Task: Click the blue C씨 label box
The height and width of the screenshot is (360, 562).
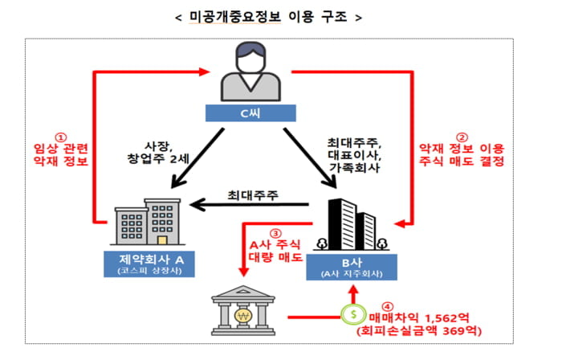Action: tap(250, 113)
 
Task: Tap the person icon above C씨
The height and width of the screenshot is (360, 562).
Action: tap(250, 72)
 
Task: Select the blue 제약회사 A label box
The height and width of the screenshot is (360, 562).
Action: tap(149, 264)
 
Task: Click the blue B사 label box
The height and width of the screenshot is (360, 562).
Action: tap(352, 267)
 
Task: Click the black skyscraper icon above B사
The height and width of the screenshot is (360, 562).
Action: tap(352, 224)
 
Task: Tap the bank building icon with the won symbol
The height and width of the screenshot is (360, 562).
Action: tap(243, 310)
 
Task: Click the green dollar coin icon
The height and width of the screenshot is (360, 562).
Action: tap(353, 314)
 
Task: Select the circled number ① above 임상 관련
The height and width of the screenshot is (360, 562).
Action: tap(61, 137)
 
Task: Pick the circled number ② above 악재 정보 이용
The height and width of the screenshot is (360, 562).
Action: tap(462, 137)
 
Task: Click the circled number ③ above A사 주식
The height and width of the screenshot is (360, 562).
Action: tap(275, 234)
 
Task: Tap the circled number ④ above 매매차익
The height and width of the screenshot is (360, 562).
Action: tap(387, 307)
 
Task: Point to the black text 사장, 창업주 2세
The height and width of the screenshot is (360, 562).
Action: tap(158, 153)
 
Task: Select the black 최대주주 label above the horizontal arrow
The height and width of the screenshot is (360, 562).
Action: tap(253, 195)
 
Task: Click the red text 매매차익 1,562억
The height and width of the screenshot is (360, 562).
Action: tap(419, 317)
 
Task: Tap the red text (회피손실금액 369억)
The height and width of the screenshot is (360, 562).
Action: tap(419, 330)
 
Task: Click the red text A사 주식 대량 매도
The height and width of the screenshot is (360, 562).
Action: tap(275, 251)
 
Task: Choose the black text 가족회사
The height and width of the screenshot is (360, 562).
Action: tap(354, 167)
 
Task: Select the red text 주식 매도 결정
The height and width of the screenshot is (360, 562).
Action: tap(462, 161)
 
